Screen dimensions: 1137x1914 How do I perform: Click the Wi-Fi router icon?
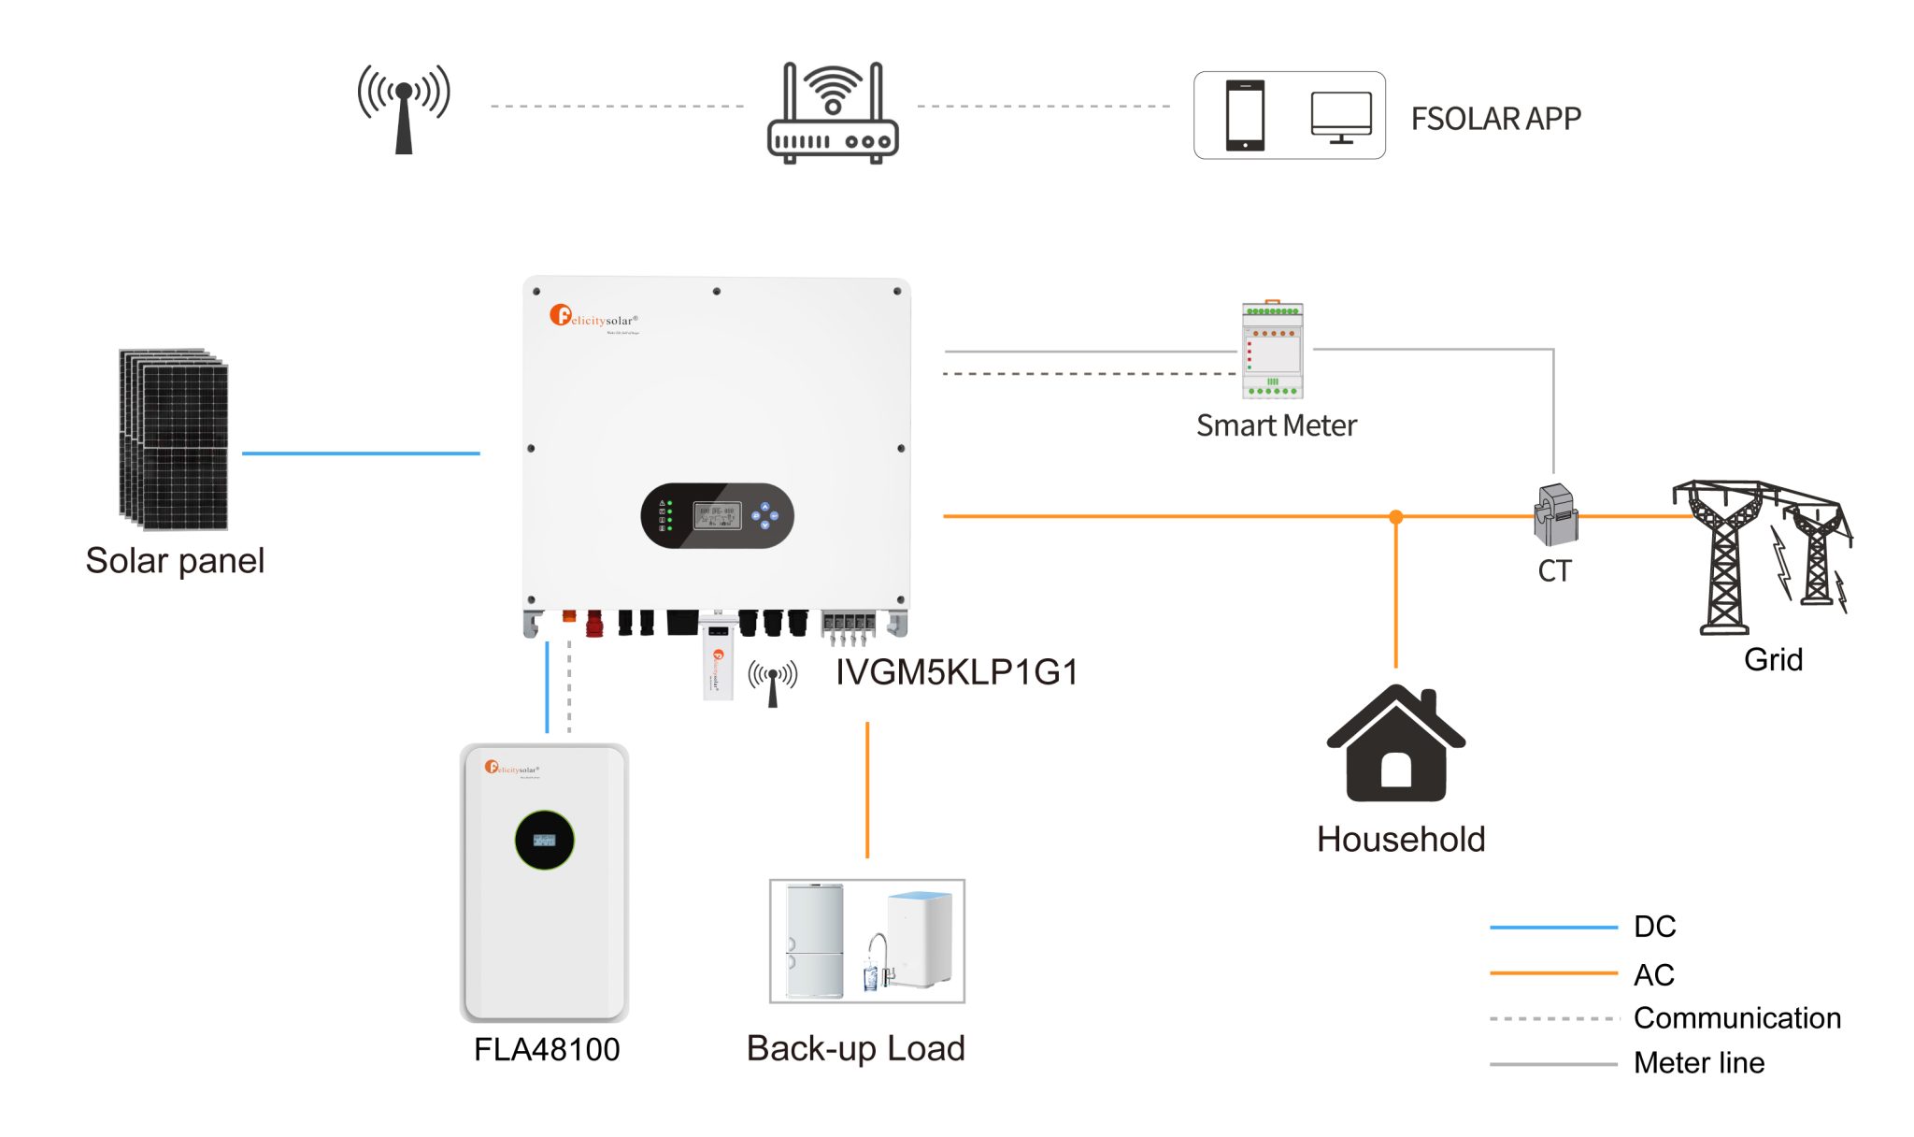point(832,114)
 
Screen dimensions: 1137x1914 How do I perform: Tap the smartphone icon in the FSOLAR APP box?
point(1245,115)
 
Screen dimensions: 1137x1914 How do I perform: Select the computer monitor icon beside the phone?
point(1341,117)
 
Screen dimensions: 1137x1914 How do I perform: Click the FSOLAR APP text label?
point(1495,119)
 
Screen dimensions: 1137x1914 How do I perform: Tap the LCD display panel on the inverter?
point(717,515)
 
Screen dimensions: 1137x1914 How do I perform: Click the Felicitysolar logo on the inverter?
point(593,317)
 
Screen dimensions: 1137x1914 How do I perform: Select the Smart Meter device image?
point(1272,351)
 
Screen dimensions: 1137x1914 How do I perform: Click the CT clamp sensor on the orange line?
point(1555,515)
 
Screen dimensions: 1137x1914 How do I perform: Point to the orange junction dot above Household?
point(1396,516)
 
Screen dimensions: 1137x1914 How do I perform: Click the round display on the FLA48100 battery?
point(544,840)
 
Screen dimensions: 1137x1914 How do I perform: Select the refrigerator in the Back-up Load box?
point(814,941)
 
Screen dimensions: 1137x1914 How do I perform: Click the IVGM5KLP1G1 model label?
point(956,672)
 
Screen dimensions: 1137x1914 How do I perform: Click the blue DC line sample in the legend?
point(1552,927)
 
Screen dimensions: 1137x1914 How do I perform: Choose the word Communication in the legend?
point(1736,1017)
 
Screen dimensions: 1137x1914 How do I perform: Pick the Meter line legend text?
point(1698,1062)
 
